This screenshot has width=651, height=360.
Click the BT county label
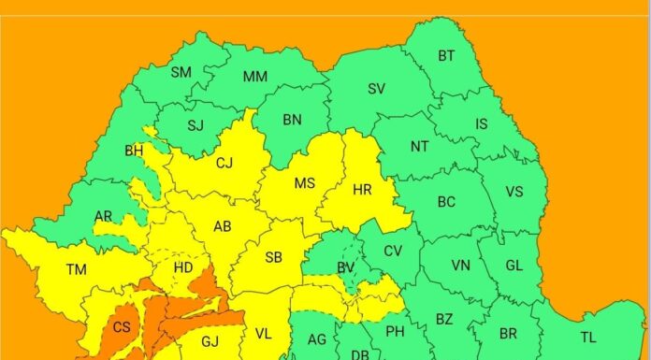pyautogui.click(x=447, y=56)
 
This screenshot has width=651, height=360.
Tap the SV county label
pyautogui.click(x=377, y=89)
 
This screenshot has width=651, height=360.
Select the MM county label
pyautogui.click(x=255, y=77)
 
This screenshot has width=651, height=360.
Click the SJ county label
pyautogui.click(x=195, y=125)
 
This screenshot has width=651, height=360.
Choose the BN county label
pyautogui.click(x=292, y=119)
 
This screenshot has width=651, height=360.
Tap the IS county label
pyautogui.click(x=482, y=123)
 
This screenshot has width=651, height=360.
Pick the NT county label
pyautogui.click(x=420, y=147)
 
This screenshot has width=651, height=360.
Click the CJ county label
pyautogui.click(x=224, y=164)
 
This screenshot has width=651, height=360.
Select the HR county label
pyautogui.click(x=363, y=189)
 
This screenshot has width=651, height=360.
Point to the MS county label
pyautogui.click(x=305, y=183)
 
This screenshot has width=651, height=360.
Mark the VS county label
pyautogui.click(x=514, y=192)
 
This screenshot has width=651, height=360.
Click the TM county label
pyautogui.click(x=77, y=269)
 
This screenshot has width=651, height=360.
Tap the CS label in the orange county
pyautogui.click(x=122, y=327)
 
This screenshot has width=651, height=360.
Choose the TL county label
pyautogui.click(x=588, y=337)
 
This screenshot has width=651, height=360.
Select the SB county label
pyautogui.click(x=274, y=258)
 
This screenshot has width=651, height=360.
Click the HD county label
pyautogui.click(x=184, y=268)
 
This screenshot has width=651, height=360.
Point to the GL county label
pyautogui.click(x=514, y=265)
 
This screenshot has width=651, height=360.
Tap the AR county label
pyautogui.click(x=104, y=216)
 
